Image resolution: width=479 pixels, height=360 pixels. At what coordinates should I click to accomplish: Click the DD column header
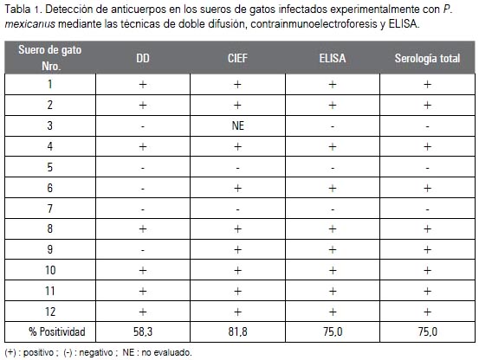tap(143, 58)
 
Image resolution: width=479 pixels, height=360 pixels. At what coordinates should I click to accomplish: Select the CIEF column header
tap(237, 58)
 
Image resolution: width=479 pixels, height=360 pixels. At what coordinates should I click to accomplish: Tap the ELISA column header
tap(333, 58)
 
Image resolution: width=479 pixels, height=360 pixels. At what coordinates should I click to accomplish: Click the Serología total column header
tap(427, 58)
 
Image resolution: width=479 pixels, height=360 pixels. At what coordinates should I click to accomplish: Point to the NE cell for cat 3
tap(237, 125)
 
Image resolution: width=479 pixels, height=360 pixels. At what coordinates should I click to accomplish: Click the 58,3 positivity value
tap(143, 331)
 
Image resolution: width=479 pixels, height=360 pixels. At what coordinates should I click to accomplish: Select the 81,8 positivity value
tap(237, 331)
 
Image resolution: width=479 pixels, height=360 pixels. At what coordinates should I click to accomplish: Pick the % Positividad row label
tap(57, 331)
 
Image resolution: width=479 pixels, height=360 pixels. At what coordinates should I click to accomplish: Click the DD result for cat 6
tap(143, 189)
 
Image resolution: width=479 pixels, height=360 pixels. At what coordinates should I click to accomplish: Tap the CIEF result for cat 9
tap(237, 250)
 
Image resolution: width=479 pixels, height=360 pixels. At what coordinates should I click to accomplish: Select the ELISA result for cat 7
tap(333, 209)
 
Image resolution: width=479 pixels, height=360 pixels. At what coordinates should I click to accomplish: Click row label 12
tap(50, 312)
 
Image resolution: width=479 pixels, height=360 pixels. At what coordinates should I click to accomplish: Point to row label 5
tap(49, 167)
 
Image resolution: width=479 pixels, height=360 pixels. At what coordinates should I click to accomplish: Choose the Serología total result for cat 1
tap(427, 84)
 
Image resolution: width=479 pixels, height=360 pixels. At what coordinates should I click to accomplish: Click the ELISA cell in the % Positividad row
tap(333, 331)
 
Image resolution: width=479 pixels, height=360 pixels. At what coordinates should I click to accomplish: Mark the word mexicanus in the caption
tap(30, 23)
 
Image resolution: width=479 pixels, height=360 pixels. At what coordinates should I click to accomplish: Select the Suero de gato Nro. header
tap(49, 58)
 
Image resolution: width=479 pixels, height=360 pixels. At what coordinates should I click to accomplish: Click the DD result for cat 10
tap(143, 270)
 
